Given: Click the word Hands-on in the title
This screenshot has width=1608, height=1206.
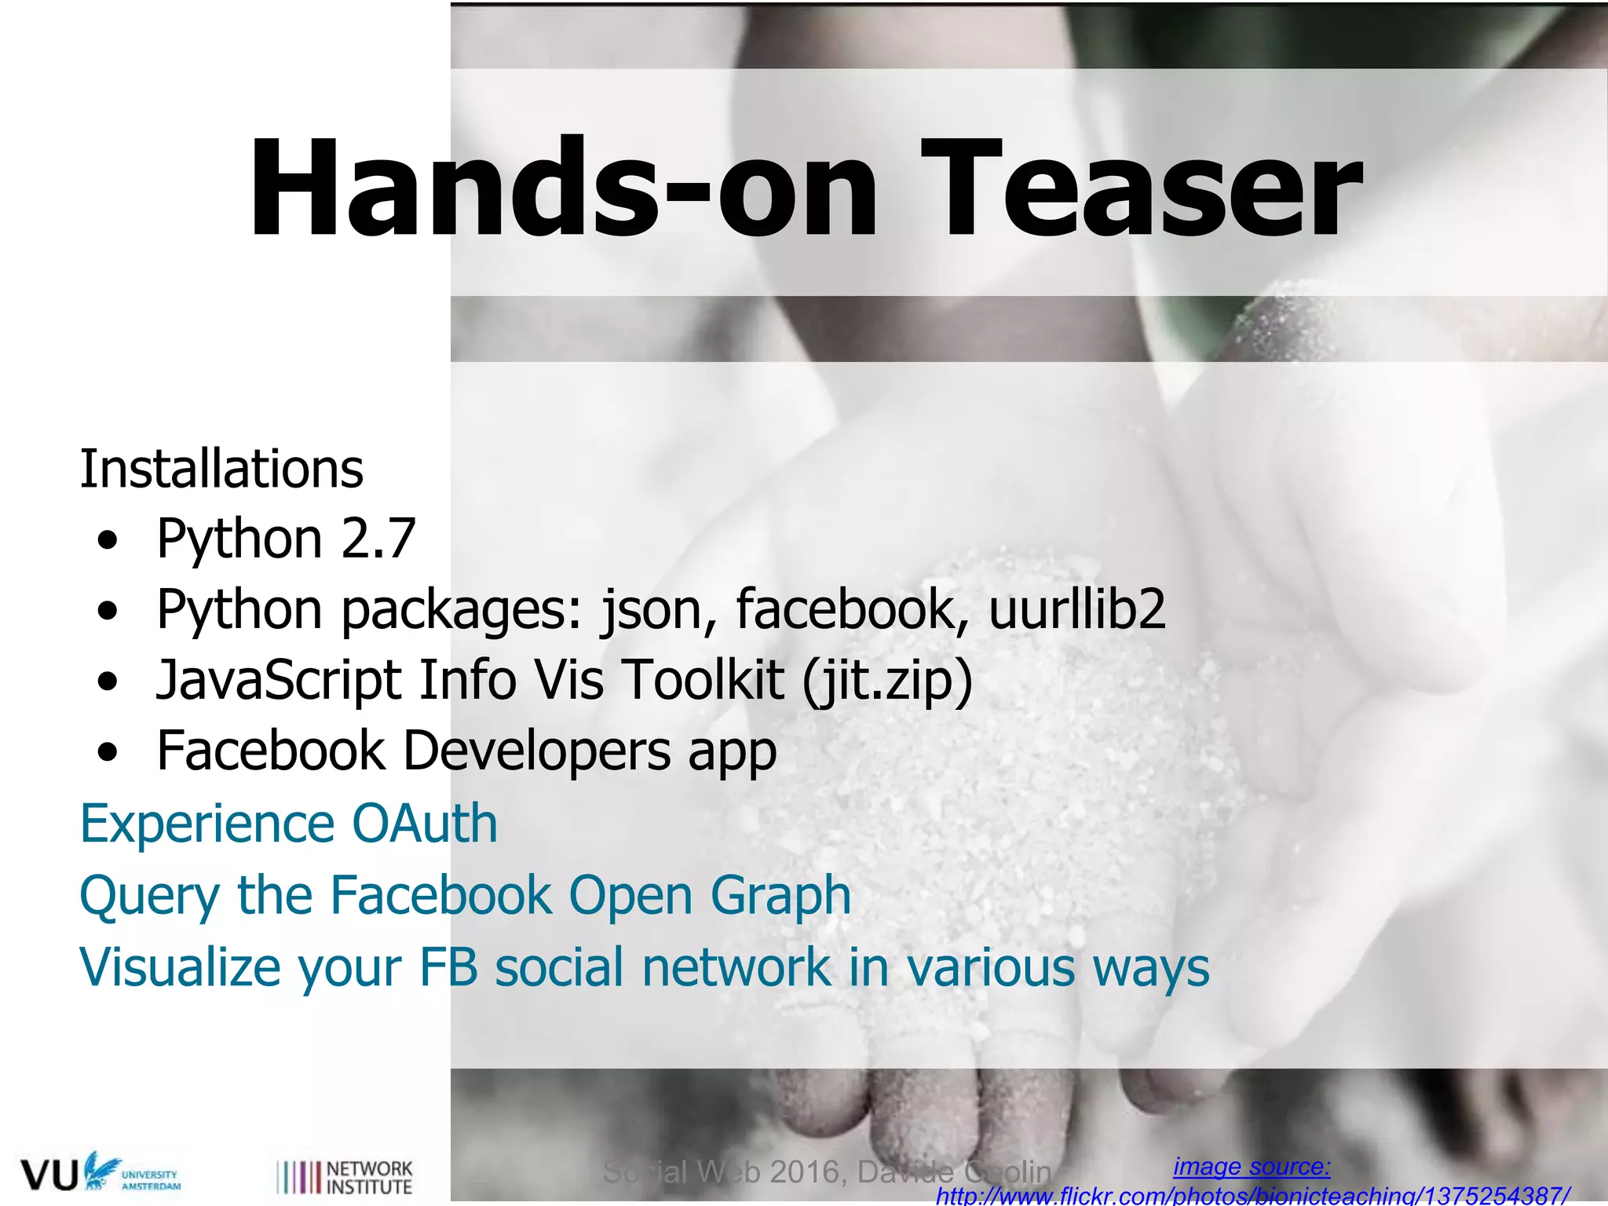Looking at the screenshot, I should coord(562,188).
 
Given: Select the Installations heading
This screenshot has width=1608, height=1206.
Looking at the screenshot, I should coord(221,470).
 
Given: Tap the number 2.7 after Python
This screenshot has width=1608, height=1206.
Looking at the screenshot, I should coord(378,539).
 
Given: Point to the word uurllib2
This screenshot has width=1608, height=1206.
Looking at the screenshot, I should coord(1077,609).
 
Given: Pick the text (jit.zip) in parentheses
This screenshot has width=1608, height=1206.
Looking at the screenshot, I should coord(887,680).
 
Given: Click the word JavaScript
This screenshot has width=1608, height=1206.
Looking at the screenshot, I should coord(279,680).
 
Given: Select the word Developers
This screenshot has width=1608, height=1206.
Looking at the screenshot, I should coord(537,751).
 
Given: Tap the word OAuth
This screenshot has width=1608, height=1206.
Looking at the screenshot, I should coord(425,824).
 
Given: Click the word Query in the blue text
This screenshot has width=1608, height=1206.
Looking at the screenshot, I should coord(150,896).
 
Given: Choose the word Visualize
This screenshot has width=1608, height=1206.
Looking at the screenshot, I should coord(180,967).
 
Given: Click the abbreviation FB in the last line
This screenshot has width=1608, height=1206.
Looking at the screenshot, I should coord(448,967).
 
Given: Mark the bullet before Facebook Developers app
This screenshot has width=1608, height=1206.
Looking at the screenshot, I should coord(108,752).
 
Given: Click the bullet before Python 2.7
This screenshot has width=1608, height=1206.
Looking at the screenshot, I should coord(108,540).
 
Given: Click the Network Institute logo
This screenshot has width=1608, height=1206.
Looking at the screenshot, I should coord(345,1177).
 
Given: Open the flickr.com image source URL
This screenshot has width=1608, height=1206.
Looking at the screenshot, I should coord(1253,1196).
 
